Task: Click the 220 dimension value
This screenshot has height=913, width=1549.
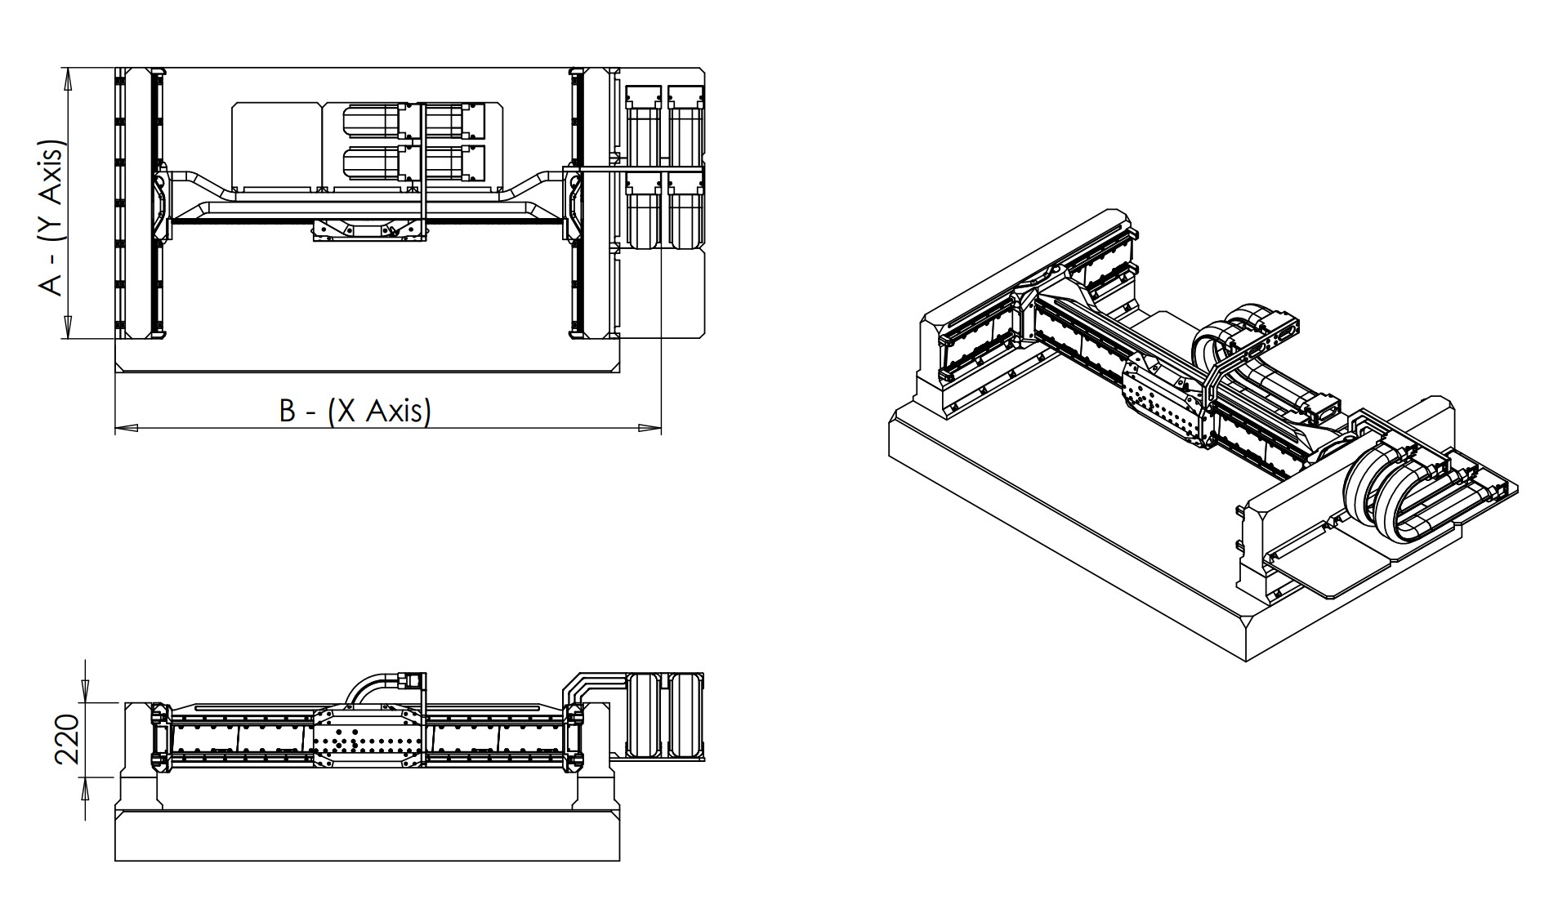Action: click(67, 739)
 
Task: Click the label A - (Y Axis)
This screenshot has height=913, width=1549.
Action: click(52, 221)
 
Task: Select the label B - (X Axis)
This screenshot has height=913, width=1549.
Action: click(355, 410)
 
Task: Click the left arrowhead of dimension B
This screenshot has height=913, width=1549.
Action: click(126, 427)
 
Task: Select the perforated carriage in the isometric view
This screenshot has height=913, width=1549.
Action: click(1160, 400)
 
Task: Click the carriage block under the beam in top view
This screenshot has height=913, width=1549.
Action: click(369, 231)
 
